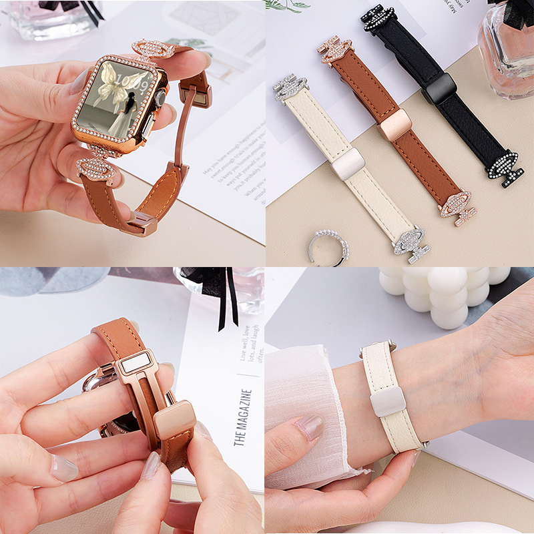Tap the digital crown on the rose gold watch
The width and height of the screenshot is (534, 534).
tap(160, 99)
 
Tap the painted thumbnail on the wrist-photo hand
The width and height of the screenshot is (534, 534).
tap(310, 427)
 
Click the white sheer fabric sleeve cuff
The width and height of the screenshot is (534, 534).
tap(304, 414)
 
